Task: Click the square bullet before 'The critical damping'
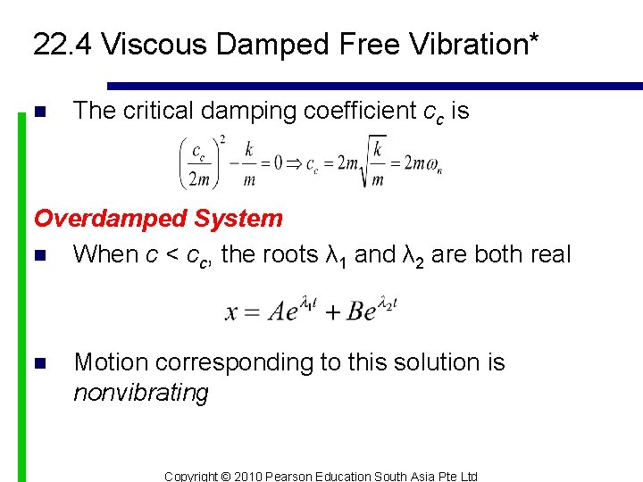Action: tap(38, 112)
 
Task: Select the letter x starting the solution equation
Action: tap(231, 312)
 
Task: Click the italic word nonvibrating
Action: tap(140, 393)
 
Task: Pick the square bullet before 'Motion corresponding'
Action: tap(38, 363)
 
